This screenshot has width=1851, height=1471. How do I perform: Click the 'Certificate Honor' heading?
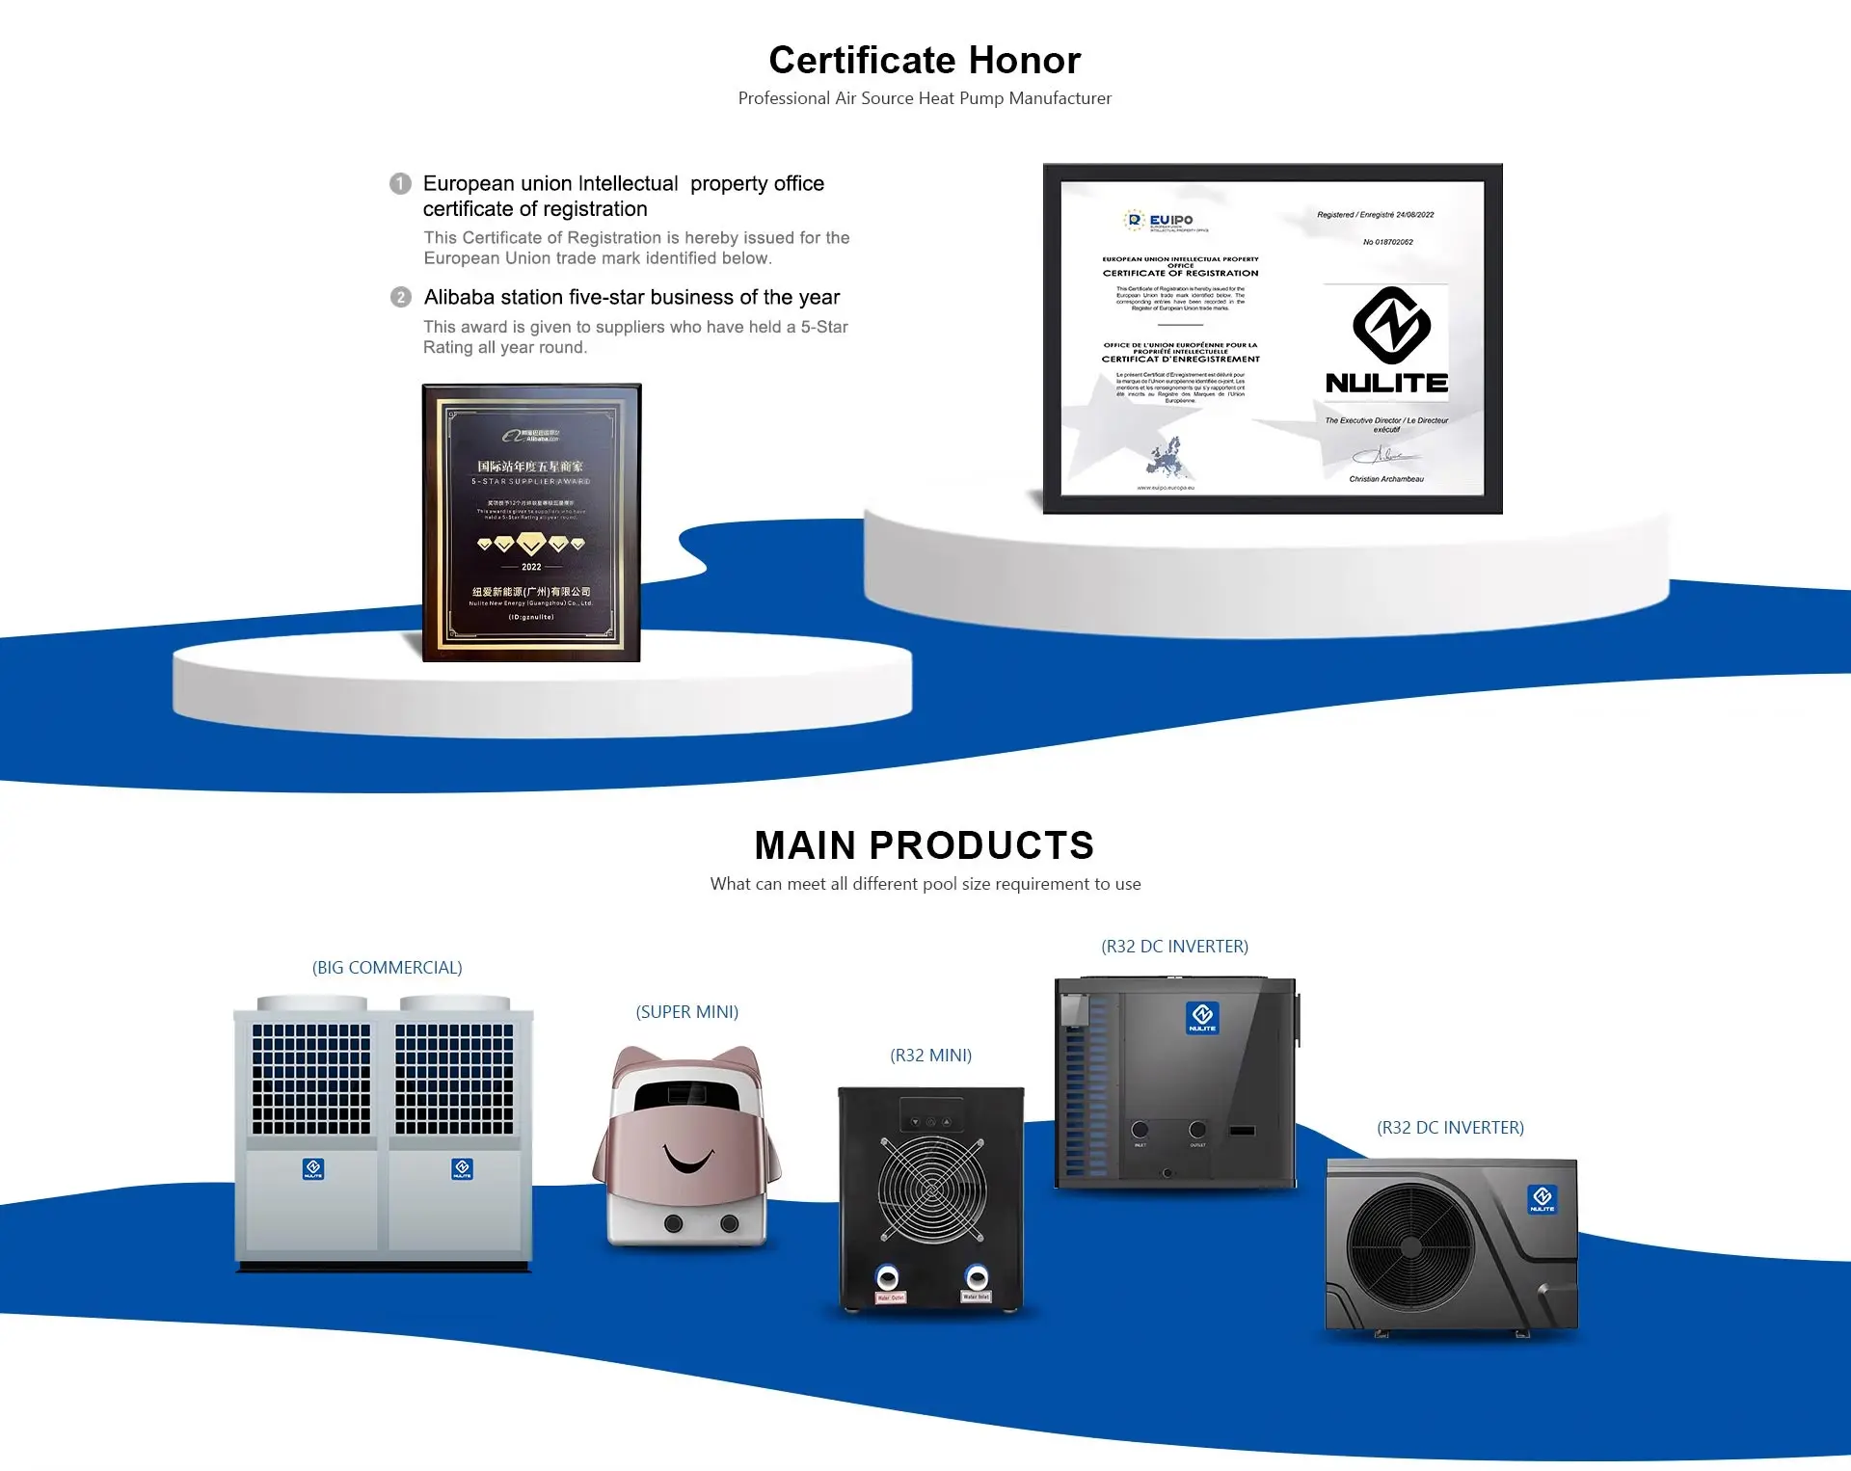pyautogui.click(x=925, y=61)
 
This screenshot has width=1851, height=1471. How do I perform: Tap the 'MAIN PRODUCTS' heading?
pyautogui.click(x=925, y=845)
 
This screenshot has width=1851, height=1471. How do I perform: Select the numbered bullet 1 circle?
pyautogui.click(x=400, y=183)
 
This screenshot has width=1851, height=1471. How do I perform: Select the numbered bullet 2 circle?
pyautogui.click(x=400, y=297)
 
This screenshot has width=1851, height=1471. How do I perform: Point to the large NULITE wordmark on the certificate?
pyautogui.click(x=1386, y=383)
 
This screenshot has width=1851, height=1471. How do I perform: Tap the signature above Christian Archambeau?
pyautogui.click(x=1384, y=455)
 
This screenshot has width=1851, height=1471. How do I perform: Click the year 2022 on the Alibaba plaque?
pyautogui.click(x=531, y=567)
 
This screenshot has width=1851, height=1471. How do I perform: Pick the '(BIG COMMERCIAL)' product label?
pyautogui.click(x=387, y=968)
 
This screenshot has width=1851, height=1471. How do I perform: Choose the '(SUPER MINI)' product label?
pyautogui.click(x=686, y=1012)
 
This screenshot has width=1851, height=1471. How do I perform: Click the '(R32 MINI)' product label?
pyautogui.click(x=930, y=1056)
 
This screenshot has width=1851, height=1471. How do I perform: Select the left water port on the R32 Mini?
pyautogui.click(x=887, y=1278)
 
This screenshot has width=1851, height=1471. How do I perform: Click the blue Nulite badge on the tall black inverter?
pyautogui.click(x=1202, y=1018)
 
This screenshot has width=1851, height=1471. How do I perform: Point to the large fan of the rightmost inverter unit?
pyautogui.click(x=1410, y=1245)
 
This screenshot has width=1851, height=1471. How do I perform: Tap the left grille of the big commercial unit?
pyautogui.click(x=310, y=1079)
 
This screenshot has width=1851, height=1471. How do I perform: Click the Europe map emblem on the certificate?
pyautogui.click(x=1167, y=457)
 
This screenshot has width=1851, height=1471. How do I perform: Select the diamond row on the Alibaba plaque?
pyautogui.click(x=531, y=544)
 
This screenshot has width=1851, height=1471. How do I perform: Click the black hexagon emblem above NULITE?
pyautogui.click(x=1390, y=325)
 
